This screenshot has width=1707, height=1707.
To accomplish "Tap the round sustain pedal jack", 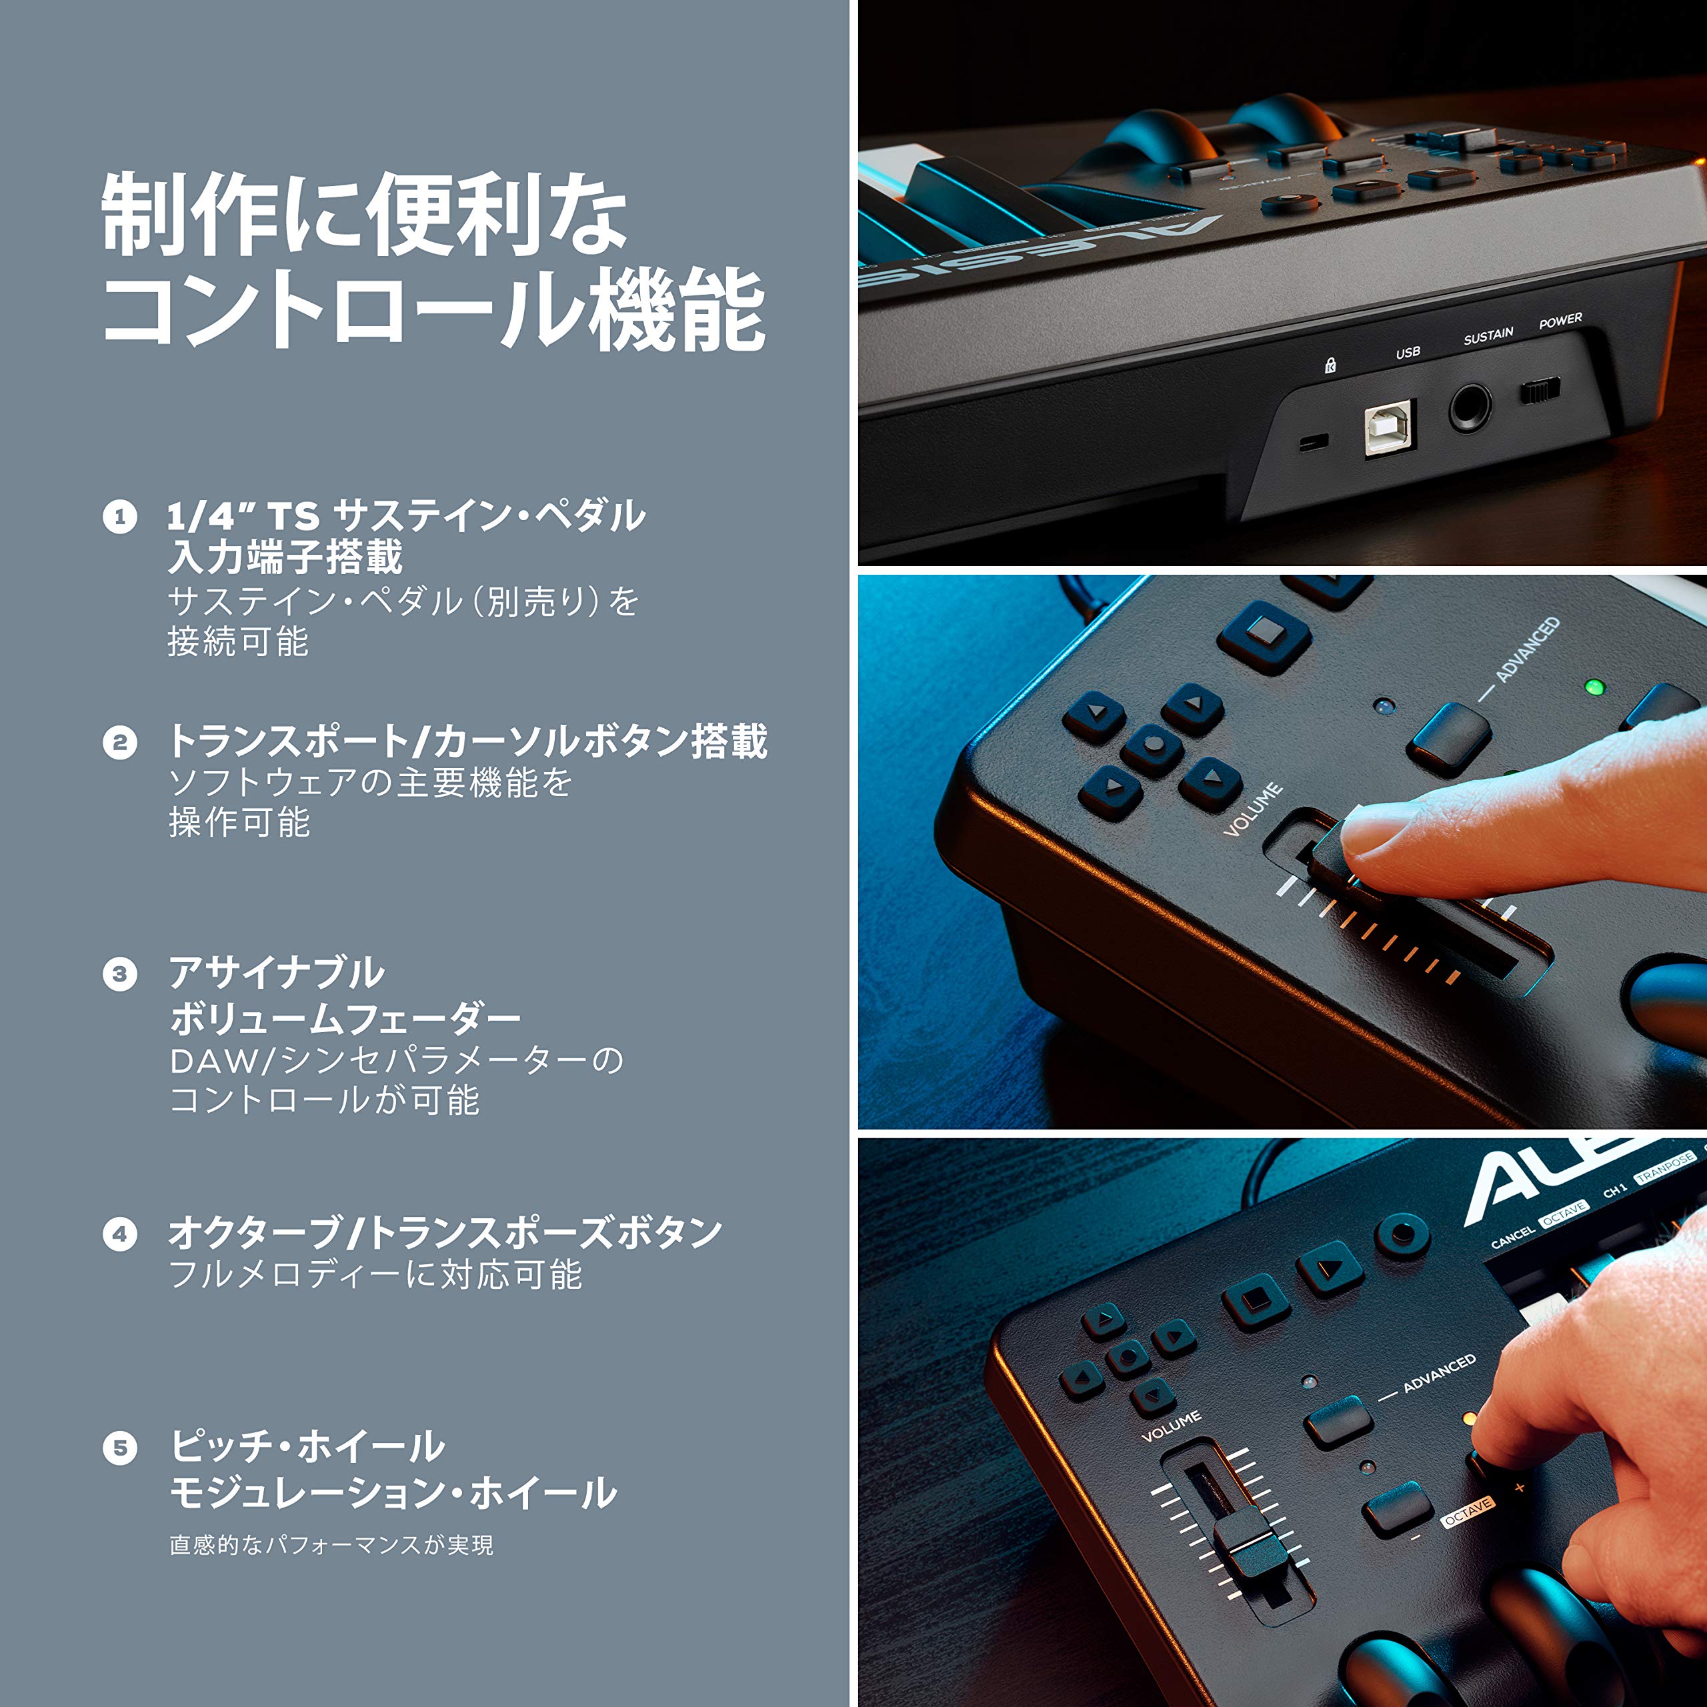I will (1470, 408).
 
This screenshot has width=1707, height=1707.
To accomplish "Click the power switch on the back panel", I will (1540, 389).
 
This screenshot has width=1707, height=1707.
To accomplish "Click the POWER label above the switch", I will (1560, 321).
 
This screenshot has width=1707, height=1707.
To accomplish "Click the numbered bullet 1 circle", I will (120, 517).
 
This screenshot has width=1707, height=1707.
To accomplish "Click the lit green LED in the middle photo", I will (1594, 687).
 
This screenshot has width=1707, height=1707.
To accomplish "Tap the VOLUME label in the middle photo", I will (1253, 809).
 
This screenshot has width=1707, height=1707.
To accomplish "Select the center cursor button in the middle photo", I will (1153, 745).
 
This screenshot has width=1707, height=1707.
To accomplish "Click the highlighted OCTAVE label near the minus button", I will (1468, 1512).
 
